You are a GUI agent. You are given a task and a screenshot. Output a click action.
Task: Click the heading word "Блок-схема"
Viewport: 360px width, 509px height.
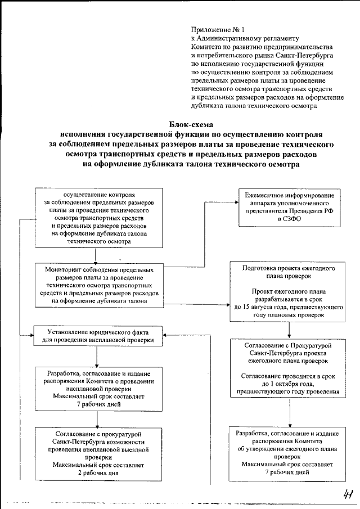tap(192, 124)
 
